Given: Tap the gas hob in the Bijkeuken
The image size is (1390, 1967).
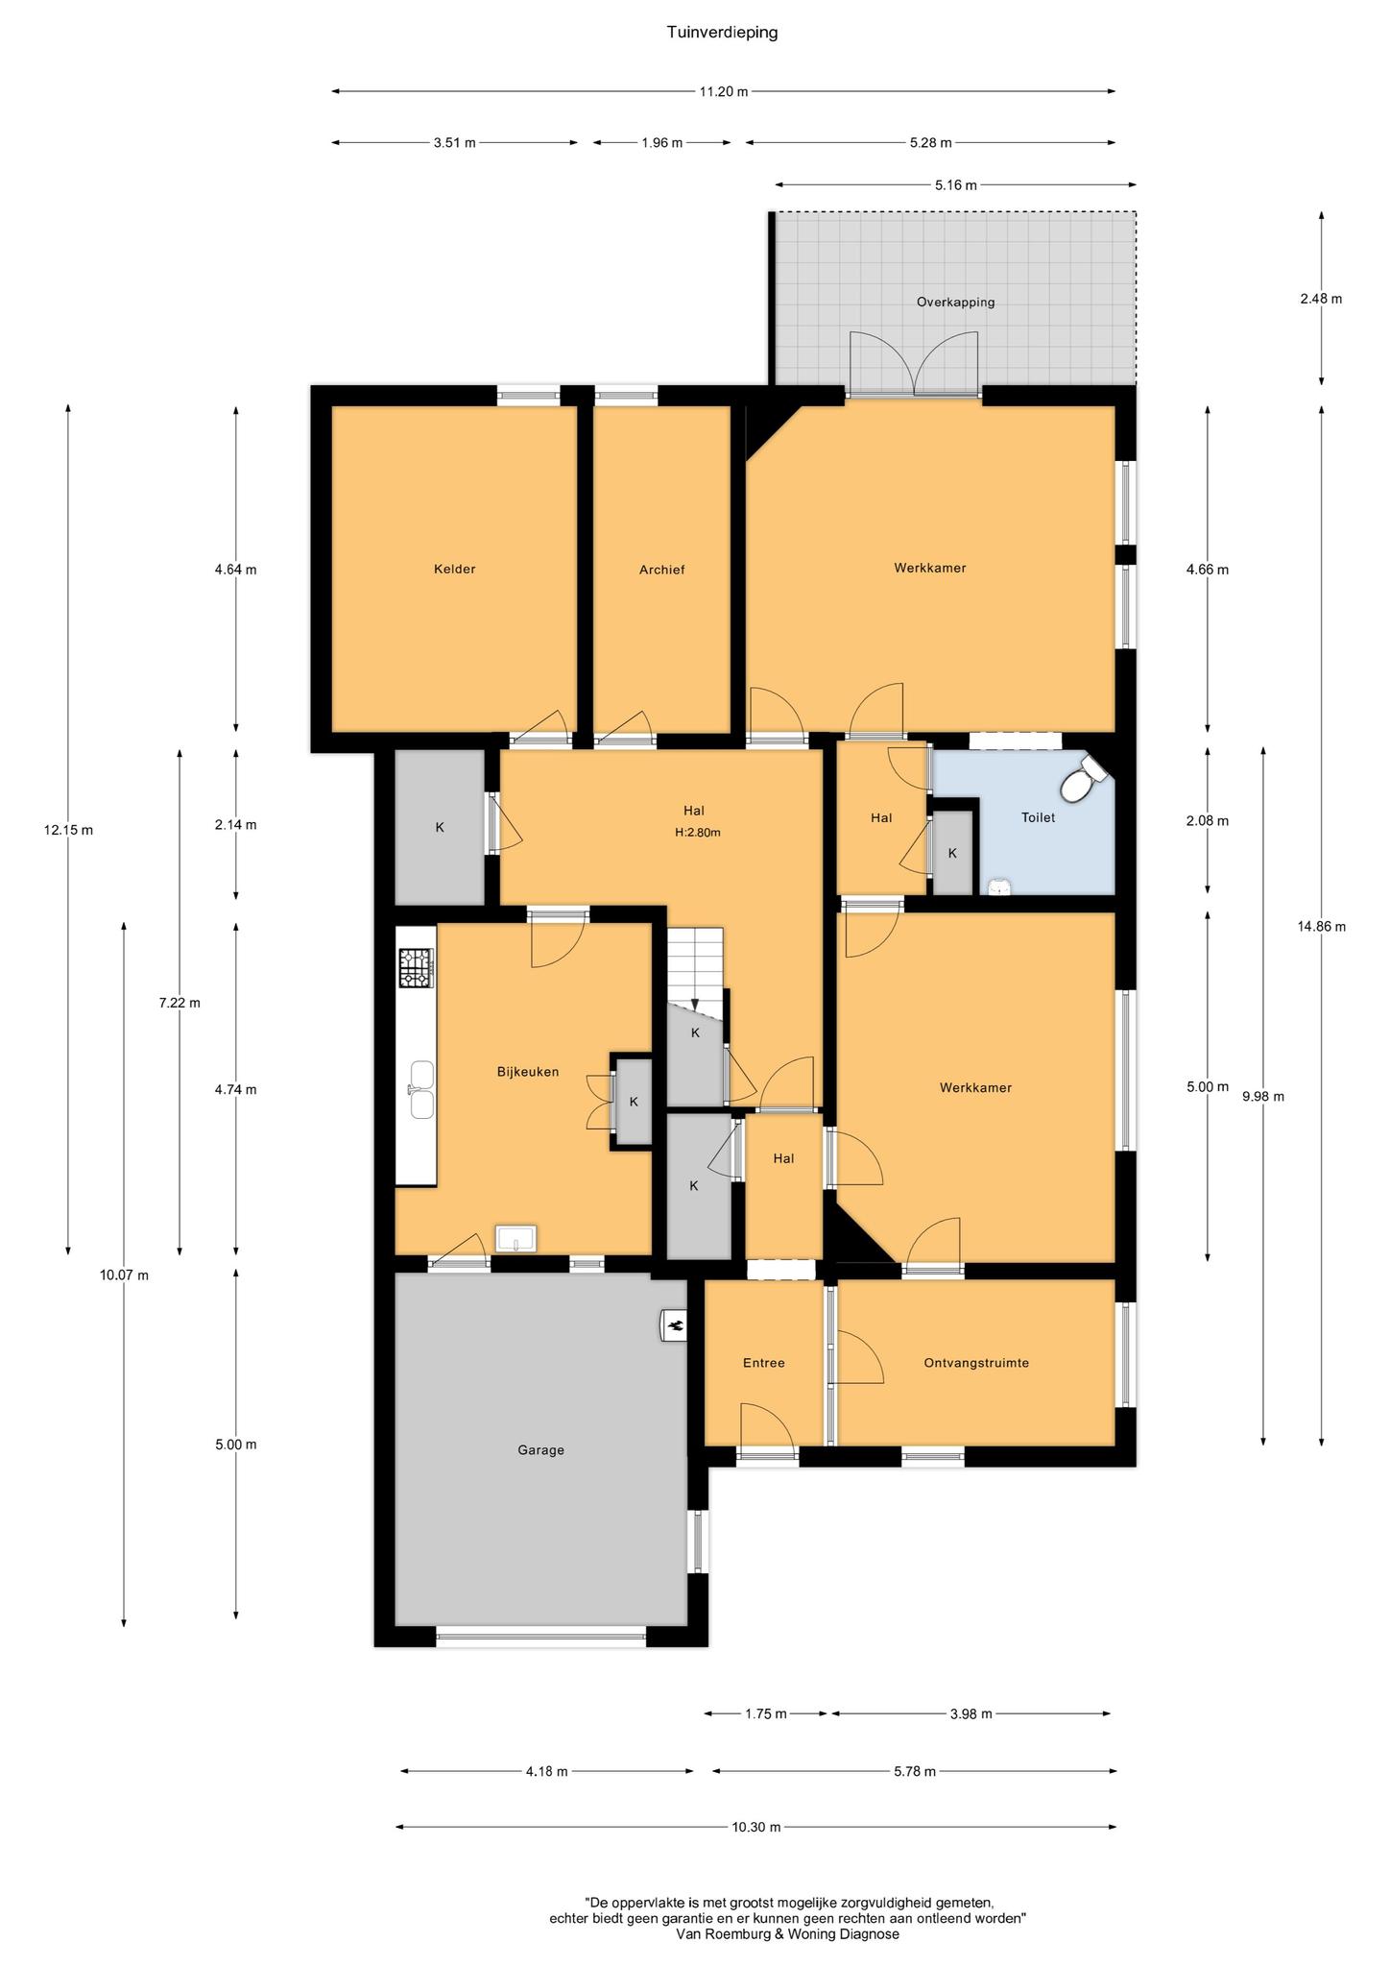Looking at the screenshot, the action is point(417,967).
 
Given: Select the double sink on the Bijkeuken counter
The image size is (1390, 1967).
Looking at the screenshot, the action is point(421,1090).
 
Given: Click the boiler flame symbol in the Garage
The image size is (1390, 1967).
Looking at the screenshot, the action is point(674,1326).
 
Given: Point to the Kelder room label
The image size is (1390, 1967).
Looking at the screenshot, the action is point(454,569).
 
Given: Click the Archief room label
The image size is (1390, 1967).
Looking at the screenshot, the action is point(662,570).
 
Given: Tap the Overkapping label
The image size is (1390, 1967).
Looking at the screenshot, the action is point(955,302).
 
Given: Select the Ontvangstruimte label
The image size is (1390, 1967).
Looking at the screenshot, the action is point(976,1363).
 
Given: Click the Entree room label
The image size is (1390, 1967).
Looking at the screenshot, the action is point(764,1363).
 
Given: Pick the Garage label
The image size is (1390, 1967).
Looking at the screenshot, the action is point(540,1450).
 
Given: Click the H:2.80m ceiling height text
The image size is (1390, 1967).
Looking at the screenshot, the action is point(697,833).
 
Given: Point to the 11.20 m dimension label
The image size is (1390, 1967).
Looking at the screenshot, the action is point(723,91).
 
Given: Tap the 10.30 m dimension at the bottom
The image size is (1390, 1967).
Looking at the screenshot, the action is point(755,1827).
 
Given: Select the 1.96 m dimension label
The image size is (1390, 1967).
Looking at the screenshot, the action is point(661,143).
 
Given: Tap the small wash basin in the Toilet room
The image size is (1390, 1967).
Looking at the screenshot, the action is point(999,887).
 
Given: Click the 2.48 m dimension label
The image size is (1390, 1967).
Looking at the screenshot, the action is point(1321,299).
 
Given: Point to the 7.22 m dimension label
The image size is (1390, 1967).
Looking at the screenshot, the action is point(180,1004).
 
